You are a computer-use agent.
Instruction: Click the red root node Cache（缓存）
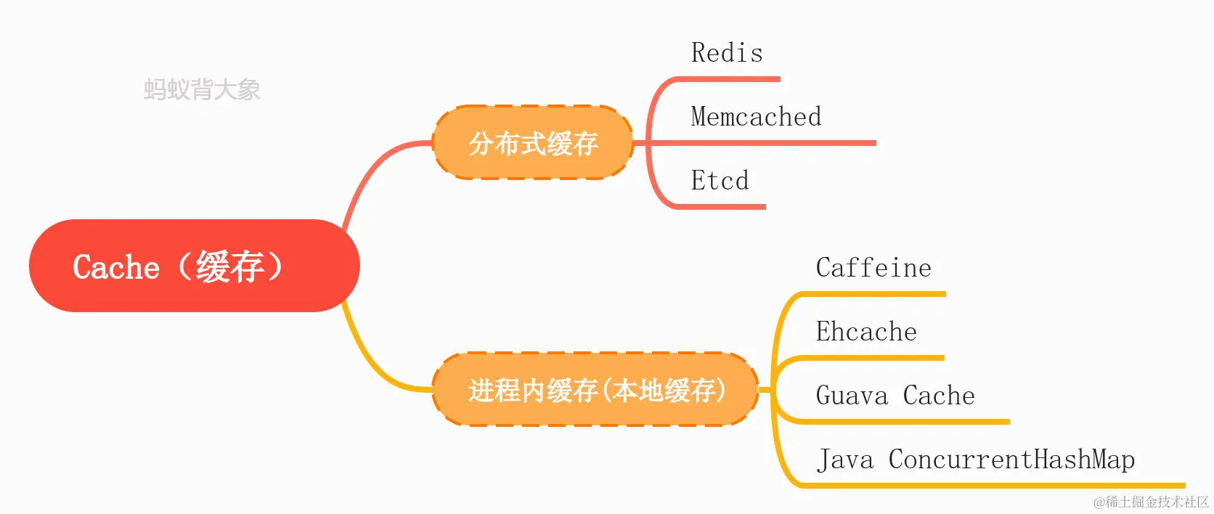[x=194, y=266]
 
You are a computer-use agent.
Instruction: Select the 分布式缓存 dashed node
[x=533, y=143]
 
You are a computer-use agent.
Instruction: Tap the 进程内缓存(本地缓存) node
[x=595, y=390]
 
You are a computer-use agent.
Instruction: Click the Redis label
[x=727, y=53]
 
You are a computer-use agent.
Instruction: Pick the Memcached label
[x=756, y=117]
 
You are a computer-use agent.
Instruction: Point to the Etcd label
[x=720, y=181]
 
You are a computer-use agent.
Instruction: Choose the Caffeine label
[x=873, y=268]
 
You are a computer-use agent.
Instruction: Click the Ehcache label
[x=866, y=332]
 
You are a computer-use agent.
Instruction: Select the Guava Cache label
[x=895, y=396]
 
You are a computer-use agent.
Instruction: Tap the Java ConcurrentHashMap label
[x=975, y=460]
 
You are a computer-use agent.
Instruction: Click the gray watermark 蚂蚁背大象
[x=202, y=89]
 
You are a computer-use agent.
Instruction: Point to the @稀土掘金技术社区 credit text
[x=1151, y=502]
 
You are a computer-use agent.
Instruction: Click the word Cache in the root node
[x=116, y=267]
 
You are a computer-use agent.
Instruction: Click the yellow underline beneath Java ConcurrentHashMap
[x=1017, y=485]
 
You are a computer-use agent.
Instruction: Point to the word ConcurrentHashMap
[x=1011, y=460]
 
